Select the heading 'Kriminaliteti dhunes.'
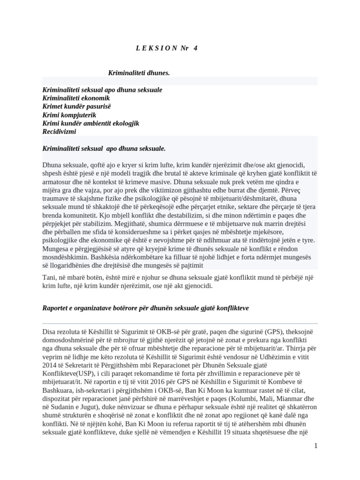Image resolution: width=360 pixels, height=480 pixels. point(139,73)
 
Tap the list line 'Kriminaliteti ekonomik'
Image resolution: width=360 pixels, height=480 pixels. point(76,98)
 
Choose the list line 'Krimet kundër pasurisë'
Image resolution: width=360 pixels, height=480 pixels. point(76,106)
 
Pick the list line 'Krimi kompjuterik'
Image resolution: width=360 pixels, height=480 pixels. point(69,115)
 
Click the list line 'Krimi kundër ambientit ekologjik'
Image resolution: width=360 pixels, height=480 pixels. point(90,123)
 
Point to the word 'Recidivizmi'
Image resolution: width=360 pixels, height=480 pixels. point(59,132)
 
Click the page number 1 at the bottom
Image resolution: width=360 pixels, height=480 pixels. point(315,446)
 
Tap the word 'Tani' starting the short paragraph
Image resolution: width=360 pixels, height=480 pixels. point(49,277)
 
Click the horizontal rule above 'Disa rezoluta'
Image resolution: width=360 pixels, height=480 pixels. point(180,323)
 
